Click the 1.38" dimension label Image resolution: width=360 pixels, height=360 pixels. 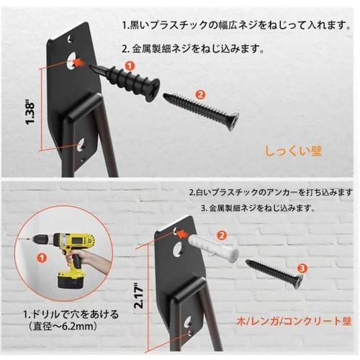coord(30,113)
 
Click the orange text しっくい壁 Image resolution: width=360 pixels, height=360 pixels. coord(293,151)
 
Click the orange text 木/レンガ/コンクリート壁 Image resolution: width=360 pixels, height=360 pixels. coord(294,321)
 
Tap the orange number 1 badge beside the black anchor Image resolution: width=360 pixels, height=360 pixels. coord(130,66)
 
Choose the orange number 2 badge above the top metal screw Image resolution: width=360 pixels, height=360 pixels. coord(200,94)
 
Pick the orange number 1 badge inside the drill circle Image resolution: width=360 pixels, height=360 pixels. coord(42,258)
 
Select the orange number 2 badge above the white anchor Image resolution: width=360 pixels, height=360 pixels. coord(222,235)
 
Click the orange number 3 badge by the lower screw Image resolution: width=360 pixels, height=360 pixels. coord(302,269)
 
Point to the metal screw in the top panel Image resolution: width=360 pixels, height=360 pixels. coord(201,112)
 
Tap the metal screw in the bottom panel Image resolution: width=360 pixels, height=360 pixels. coord(274,274)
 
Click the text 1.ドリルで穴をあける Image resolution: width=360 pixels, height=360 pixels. coord(71,315)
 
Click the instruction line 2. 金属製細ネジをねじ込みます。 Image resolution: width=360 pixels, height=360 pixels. coord(193,49)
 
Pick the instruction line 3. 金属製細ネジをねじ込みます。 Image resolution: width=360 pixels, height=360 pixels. coord(258,208)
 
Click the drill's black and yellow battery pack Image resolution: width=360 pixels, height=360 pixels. coord(71,279)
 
